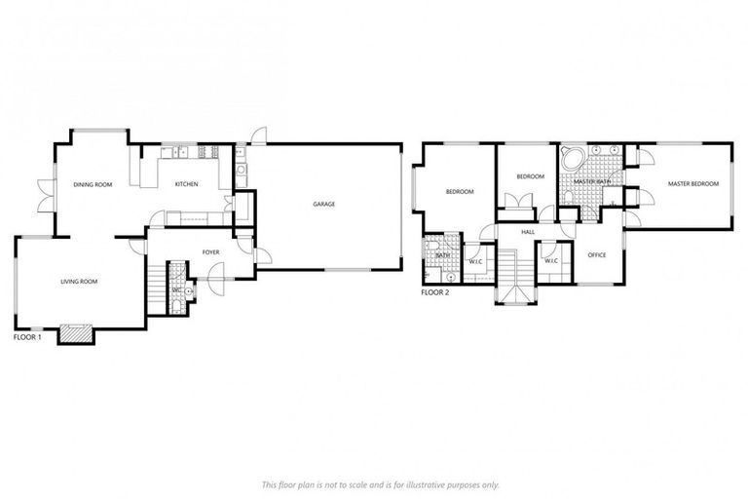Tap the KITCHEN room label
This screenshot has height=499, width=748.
pos(186,184)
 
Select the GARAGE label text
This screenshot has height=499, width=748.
pos(323,205)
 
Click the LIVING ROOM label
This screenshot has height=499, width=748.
pos(79,282)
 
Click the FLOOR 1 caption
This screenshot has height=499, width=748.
pos(27,337)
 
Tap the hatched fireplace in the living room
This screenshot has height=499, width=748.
pos(76,334)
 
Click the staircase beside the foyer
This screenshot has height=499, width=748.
pos(157,282)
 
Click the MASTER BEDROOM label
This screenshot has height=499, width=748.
pos(692,184)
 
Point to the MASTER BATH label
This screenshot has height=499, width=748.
pos(591,182)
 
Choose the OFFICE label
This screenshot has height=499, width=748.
pos(597,255)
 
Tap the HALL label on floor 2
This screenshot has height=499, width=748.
pos(528,232)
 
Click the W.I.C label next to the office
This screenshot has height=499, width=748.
pos(550,261)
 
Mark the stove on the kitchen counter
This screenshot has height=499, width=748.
pos(205,151)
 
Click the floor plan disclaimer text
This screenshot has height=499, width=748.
pos(380,483)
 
